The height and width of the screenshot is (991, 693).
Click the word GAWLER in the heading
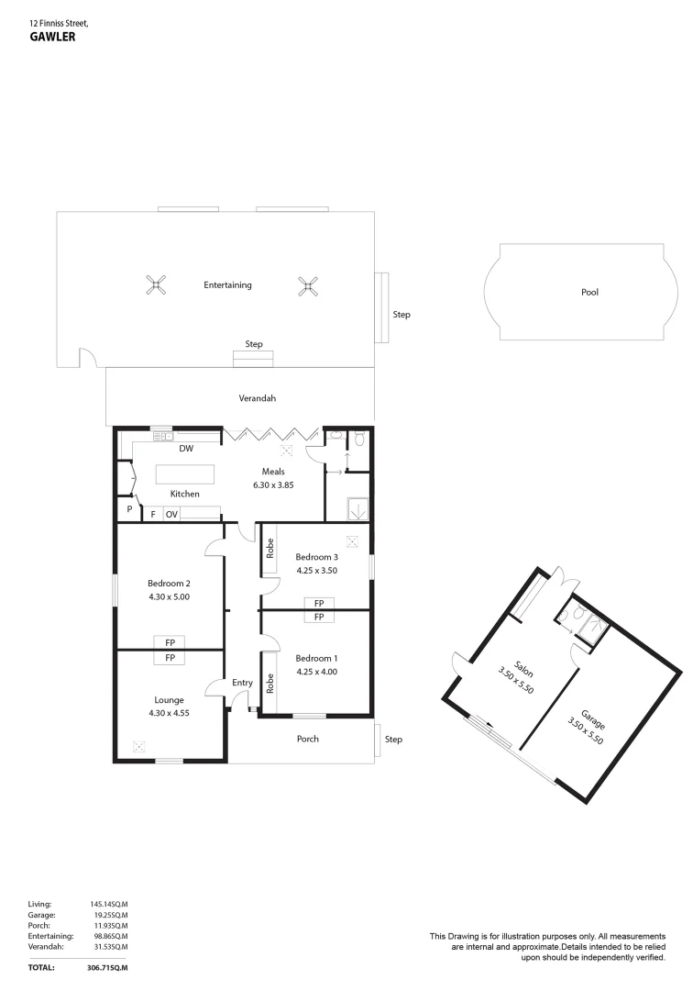[x=52, y=37]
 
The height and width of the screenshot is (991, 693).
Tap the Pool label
[x=589, y=292]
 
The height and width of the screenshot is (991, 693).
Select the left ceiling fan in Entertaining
[x=156, y=285]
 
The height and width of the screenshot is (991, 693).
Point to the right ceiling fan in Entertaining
[x=307, y=286]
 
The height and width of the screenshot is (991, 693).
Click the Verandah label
[x=257, y=398]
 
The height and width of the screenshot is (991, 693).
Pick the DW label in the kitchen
[x=186, y=448]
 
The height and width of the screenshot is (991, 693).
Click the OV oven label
[x=171, y=515]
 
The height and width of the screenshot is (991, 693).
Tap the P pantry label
[x=129, y=508]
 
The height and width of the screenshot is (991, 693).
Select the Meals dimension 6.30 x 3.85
[x=273, y=485]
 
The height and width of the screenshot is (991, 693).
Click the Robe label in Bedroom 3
[x=270, y=548]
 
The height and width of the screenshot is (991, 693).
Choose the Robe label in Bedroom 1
[x=270, y=684]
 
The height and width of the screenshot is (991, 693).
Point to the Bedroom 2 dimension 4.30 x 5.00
[x=170, y=596]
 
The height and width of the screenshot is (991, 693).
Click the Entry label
[x=242, y=683]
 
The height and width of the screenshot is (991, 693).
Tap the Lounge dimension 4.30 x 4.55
[x=170, y=713]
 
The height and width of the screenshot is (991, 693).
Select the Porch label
[x=308, y=739]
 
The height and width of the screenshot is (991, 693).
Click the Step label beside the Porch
[x=393, y=740]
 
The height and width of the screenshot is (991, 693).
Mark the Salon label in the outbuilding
[x=523, y=669]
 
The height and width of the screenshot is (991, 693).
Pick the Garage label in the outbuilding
[x=593, y=720]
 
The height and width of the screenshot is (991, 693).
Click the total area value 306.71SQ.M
[x=106, y=968]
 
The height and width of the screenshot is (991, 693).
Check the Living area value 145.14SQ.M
[x=108, y=905]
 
